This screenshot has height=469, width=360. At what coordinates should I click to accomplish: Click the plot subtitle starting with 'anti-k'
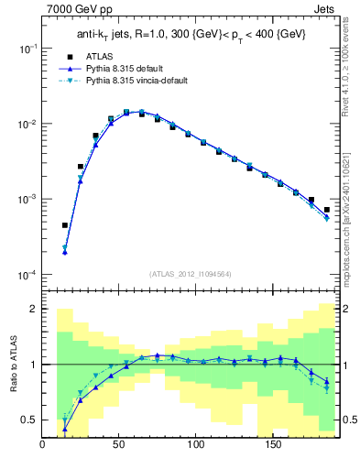pyautogui.click(x=191, y=34)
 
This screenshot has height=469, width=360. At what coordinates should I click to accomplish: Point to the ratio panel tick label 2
pyautogui.click(x=34, y=310)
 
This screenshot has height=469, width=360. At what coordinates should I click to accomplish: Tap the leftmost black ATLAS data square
pyautogui.click(x=65, y=224)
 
